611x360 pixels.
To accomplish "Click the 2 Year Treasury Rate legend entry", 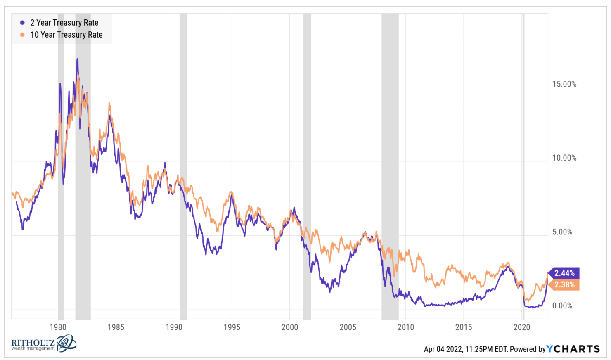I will pyautogui.click(x=64, y=23).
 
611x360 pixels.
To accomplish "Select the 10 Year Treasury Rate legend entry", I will pyautogui.click(x=66, y=35).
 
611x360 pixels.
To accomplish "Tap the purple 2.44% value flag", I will pyautogui.click(x=564, y=273).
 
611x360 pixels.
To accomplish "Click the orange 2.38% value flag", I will pyautogui.click(x=564, y=284).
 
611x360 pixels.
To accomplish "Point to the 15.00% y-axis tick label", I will pyautogui.click(x=564, y=84).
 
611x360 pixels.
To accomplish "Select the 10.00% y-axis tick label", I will pyautogui.click(x=564, y=158).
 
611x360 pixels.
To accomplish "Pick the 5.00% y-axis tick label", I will pyautogui.click(x=562, y=232).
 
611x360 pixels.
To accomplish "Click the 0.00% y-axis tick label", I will pyautogui.click(x=562, y=306).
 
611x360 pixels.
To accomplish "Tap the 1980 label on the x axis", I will pyautogui.click(x=58, y=327).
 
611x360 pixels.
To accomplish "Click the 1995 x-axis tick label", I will pyautogui.click(x=232, y=327).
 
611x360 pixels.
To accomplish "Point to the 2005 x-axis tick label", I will pyautogui.click(x=348, y=327).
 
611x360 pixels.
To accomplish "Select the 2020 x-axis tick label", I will pyautogui.click(x=521, y=327).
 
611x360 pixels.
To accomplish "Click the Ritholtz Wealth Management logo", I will pyautogui.click(x=43, y=343).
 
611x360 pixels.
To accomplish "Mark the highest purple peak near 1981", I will pyautogui.click(x=77, y=59).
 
